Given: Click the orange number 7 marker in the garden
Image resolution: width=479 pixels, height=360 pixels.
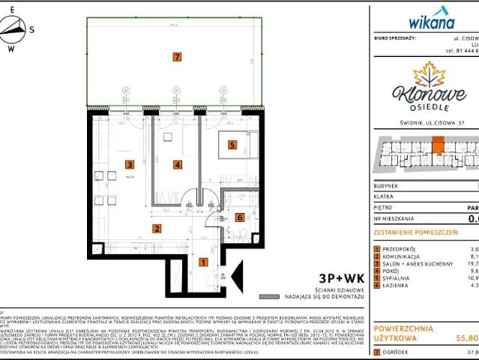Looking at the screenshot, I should [x=176, y=56].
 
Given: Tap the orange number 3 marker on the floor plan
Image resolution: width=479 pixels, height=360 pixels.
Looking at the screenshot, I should [x=130, y=164].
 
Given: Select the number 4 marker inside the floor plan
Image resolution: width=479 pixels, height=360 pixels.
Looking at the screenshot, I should [x=177, y=164].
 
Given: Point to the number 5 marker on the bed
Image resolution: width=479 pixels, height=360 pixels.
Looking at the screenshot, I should [x=232, y=145].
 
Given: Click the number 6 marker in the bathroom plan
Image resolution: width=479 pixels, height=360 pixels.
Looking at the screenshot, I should [x=239, y=217].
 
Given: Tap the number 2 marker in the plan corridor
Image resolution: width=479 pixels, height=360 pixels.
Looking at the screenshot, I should [x=157, y=229].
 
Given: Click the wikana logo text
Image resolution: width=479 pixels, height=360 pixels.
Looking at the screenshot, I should [x=431, y=21].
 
